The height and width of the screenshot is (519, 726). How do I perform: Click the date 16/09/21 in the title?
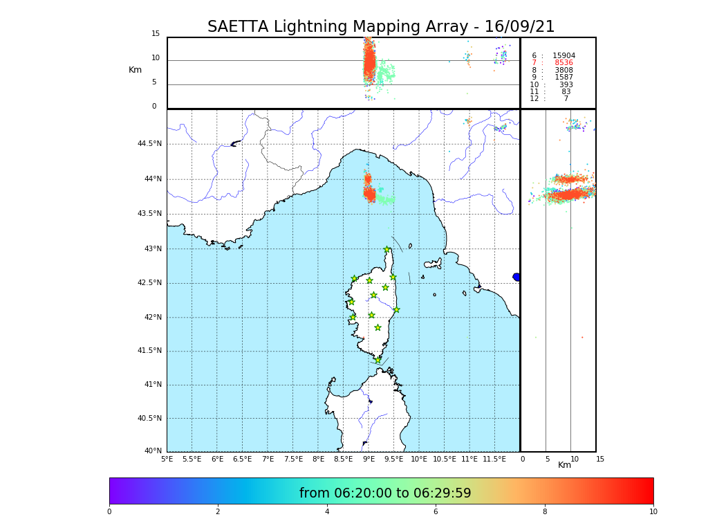point(519,27)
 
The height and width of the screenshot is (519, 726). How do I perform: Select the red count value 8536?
point(564,63)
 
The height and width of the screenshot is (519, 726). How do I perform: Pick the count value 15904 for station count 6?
point(564,55)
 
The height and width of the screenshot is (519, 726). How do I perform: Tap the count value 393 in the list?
point(566,84)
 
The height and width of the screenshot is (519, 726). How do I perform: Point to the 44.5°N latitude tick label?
point(149,144)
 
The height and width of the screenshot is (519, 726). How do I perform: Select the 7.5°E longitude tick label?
point(293,459)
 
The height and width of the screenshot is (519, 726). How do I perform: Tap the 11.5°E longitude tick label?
point(494,459)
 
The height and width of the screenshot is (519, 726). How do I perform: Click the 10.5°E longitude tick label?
point(444,459)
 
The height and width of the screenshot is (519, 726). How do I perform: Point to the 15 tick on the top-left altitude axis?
point(156,34)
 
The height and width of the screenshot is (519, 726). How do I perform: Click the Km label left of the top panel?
point(135,70)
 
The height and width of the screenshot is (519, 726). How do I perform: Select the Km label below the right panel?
point(564,465)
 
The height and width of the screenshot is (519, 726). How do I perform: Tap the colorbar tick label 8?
point(544,512)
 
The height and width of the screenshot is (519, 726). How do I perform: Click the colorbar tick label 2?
point(218,512)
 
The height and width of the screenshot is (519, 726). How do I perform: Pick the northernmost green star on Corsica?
point(387,250)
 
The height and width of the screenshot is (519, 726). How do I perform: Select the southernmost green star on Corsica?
point(378,360)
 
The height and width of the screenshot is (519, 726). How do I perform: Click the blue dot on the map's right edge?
point(516,277)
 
